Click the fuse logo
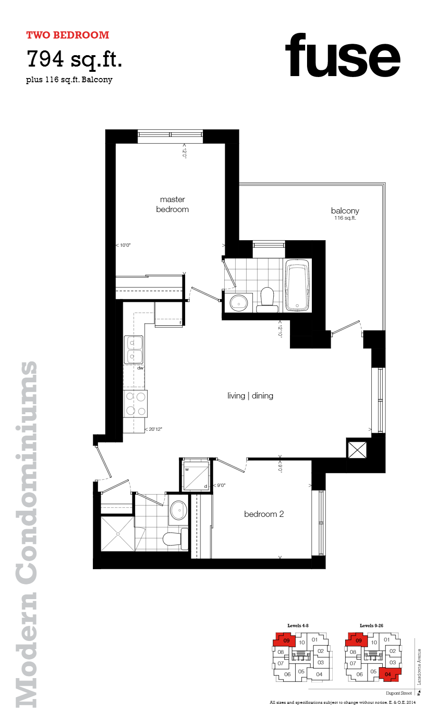coord(343,56)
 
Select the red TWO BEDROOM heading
coord(68,35)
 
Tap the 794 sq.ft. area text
coord(74,59)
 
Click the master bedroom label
coord(172,204)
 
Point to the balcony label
coord(345,211)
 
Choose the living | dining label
coord(250,396)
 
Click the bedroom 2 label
coord(264,514)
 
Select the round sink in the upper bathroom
coord(238,302)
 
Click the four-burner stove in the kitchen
coord(136,403)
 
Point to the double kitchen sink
coord(133,350)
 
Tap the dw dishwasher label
coord(140,368)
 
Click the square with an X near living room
coord(357,450)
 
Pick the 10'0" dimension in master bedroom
coord(125,245)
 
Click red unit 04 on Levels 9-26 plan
coord(388,674)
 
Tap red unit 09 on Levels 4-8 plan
coord(286,641)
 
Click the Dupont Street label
coord(399,693)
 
